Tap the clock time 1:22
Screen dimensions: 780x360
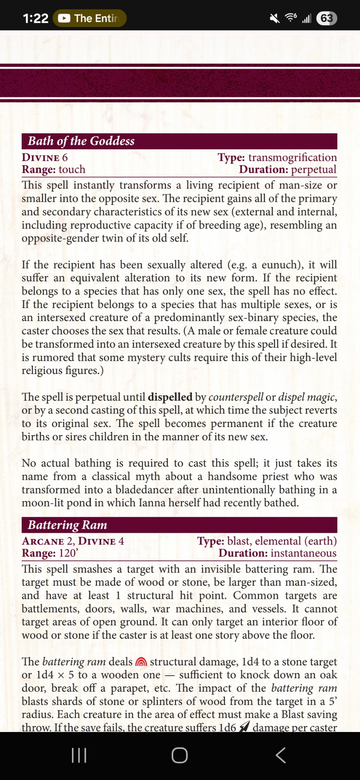(x=35, y=18)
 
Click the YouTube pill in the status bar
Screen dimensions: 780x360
(x=90, y=18)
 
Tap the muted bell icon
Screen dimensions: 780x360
(x=274, y=18)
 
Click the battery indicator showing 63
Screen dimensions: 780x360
(x=326, y=18)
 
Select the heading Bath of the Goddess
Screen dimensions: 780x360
(x=81, y=141)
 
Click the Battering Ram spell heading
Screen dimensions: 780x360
(x=67, y=525)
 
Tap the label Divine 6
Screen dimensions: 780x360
(x=45, y=158)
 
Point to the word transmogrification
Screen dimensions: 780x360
(x=293, y=158)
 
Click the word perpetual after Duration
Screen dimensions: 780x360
(x=314, y=169)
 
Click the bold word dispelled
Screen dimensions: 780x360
(x=170, y=397)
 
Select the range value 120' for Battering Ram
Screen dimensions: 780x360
(x=68, y=553)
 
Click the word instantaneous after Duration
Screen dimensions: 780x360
(x=304, y=553)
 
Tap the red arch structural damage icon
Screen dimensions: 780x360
(x=141, y=662)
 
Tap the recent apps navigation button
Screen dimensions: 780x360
(x=79, y=755)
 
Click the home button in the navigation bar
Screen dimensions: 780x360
(x=179, y=755)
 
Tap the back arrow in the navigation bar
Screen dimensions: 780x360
(x=281, y=755)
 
